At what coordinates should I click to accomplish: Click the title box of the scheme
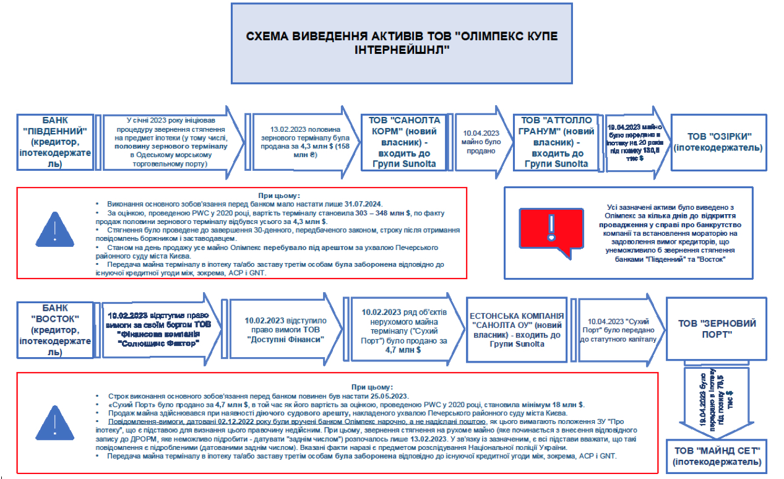tap(402, 43)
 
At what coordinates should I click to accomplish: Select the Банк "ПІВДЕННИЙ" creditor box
tap(56, 141)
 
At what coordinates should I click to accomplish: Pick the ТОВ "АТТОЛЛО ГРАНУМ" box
tap(556, 142)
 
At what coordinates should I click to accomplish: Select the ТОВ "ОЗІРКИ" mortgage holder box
tap(720, 142)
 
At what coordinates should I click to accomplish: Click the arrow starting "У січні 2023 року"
tap(170, 142)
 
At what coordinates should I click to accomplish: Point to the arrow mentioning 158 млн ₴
tap(294, 142)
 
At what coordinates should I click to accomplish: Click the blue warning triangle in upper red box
tap(55, 230)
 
